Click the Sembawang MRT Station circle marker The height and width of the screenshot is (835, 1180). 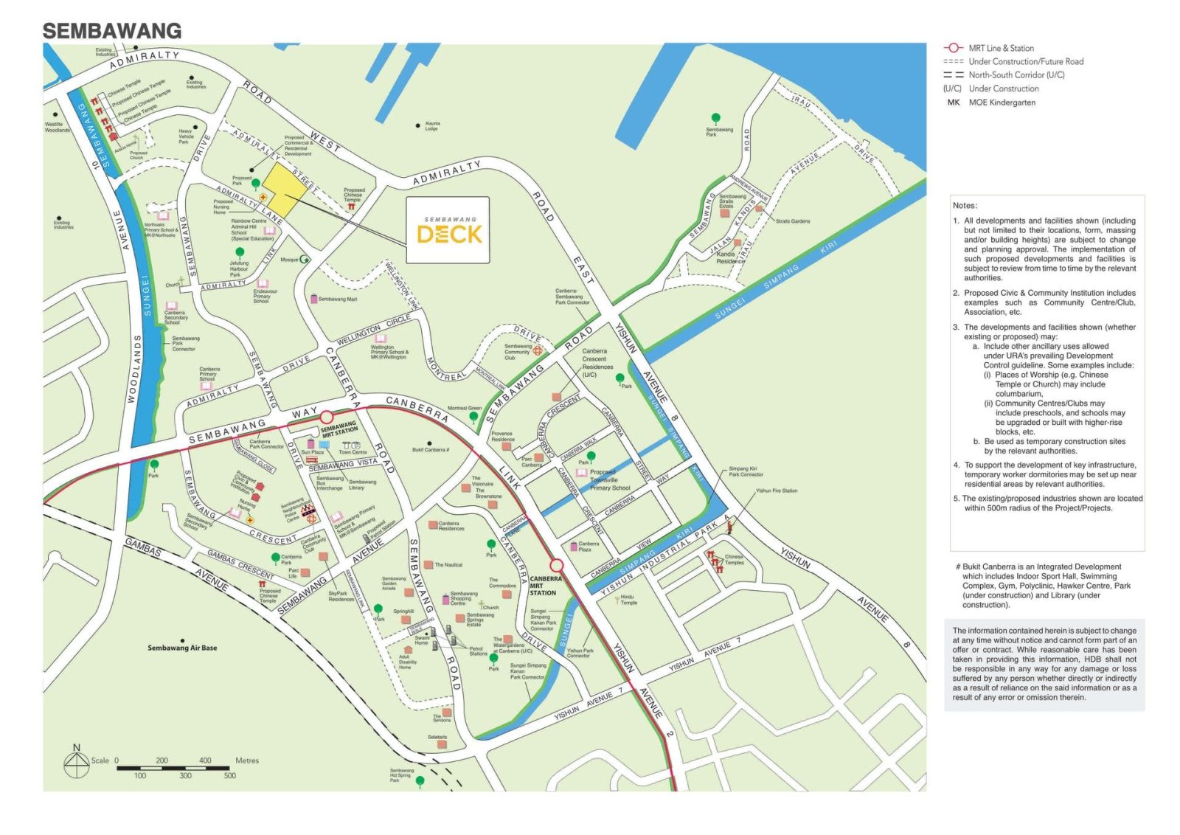tap(327, 417)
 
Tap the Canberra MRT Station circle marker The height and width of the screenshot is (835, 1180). tap(557, 566)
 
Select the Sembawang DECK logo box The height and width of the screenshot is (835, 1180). tap(448, 230)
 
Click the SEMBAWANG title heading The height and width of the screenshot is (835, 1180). tap(112, 31)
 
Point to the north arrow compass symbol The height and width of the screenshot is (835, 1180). tap(77, 764)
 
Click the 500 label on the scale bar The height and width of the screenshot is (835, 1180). tap(229, 776)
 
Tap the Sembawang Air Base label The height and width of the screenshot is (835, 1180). tap(182, 648)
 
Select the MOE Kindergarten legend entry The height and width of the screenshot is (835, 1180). tap(1001, 103)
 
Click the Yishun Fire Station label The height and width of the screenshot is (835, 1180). tap(776, 491)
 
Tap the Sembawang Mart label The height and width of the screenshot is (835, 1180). tap(337, 299)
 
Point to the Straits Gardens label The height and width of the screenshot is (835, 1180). tap(792, 221)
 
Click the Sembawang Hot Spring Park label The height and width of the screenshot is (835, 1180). tap(402, 775)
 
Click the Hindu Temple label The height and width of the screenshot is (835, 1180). tap(628, 600)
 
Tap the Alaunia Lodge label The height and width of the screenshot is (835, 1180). tap(432, 126)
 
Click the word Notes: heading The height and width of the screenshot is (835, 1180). tap(965, 206)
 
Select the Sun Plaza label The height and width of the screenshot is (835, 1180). tap(312, 452)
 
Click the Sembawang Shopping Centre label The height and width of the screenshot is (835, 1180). tap(464, 598)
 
